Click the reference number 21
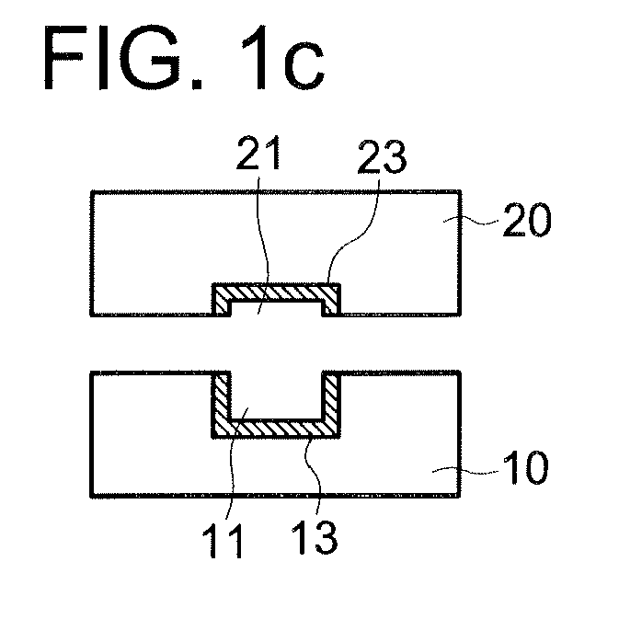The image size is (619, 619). click(x=258, y=153)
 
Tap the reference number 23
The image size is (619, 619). click(x=382, y=156)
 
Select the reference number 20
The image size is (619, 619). click(x=527, y=220)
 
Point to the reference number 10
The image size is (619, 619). click(x=526, y=467)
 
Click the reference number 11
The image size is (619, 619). click(x=223, y=541)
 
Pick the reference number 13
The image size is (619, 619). click(x=315, y=537)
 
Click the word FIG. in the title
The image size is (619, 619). click(x=123, y=58)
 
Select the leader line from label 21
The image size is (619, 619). click(x=265, y=246)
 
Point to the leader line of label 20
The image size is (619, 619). click(x=471, y=222)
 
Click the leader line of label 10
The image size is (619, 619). click(x=465, y=471)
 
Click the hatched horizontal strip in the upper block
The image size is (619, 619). click(x=276, y=292)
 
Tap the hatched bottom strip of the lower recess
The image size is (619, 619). click(x=276, y=429)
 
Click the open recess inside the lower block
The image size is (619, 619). click(x=276, y=395)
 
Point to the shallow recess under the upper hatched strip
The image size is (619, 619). click(x=276, y=309)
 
